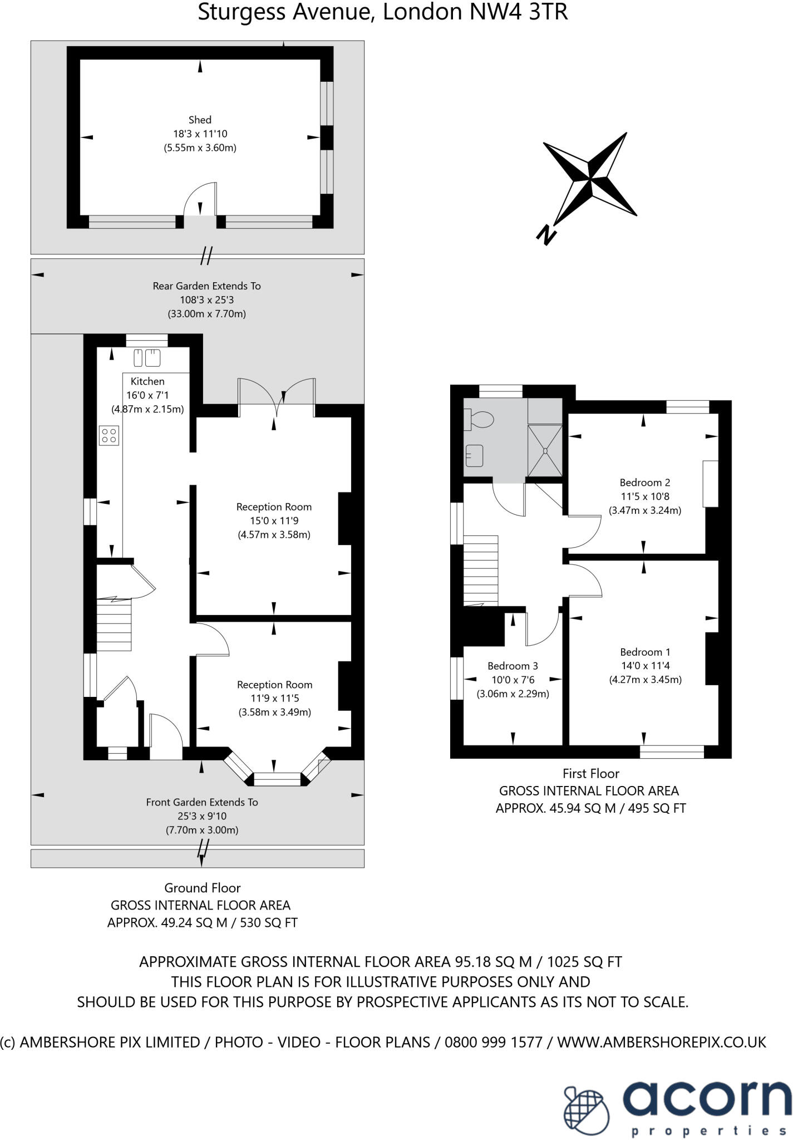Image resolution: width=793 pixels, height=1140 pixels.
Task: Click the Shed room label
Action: pos(200,120)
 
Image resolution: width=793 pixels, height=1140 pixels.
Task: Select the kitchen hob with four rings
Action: pos(109,435)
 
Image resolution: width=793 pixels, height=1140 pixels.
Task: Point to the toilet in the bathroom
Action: pos(480,419)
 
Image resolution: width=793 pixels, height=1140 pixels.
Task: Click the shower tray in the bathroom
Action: pos(545,450)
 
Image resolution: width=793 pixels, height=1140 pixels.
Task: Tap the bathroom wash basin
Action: pos(474,456)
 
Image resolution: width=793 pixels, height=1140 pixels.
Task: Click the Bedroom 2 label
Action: pos(644,483)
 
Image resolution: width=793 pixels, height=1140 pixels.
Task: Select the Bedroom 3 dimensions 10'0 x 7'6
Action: pos(512,680)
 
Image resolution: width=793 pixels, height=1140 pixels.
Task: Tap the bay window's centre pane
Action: pos(277,779)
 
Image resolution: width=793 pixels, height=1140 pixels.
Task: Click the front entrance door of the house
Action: pos(166,738)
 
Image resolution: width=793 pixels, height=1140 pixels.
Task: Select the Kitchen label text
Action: pos(147,381)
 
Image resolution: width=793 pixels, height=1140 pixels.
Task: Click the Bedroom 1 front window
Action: pos(672,752)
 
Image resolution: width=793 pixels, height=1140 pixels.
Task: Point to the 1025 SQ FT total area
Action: pos(584,961)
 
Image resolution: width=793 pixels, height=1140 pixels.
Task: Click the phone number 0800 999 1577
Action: pos(493,1042)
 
